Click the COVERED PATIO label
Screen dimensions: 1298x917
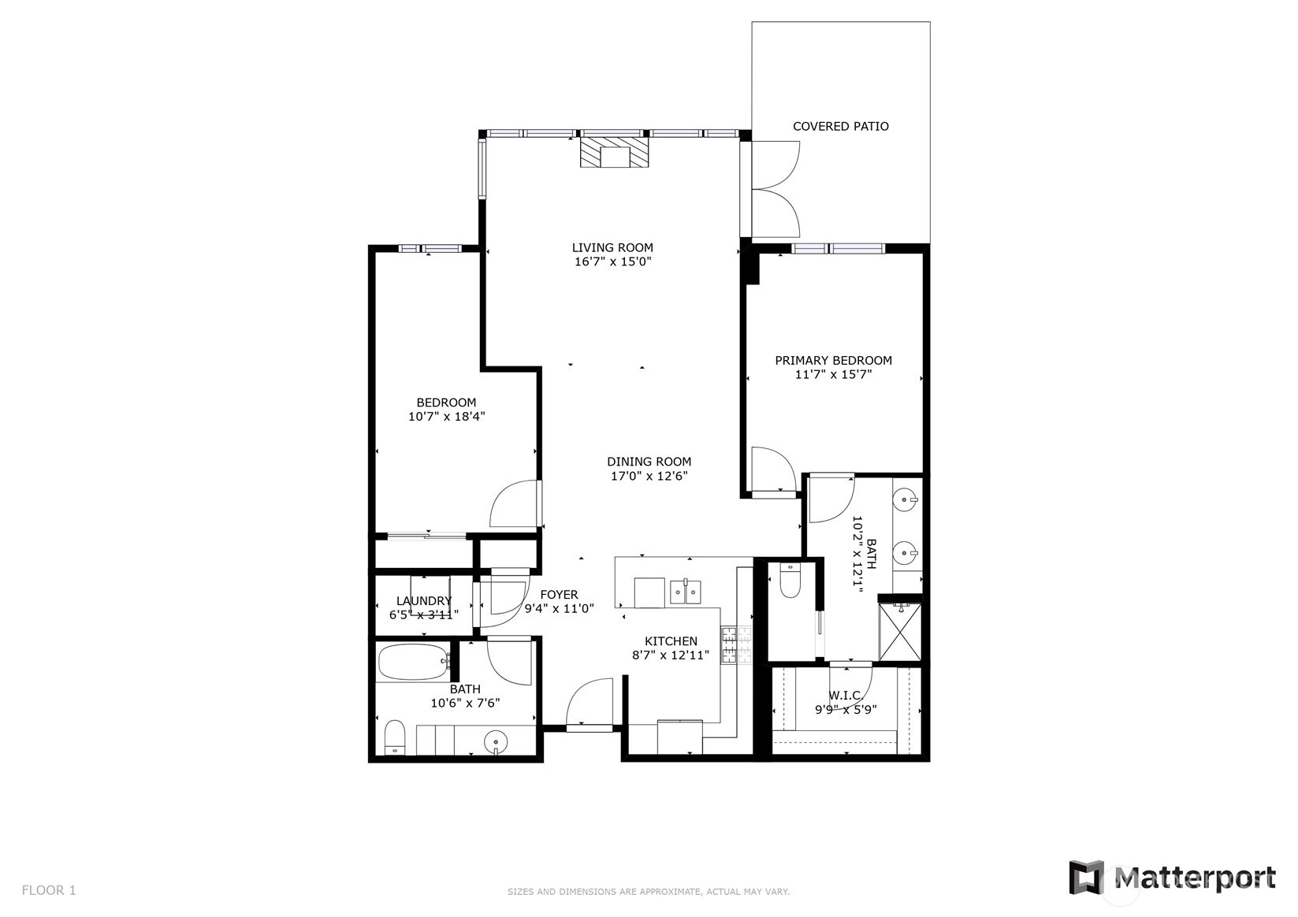click(840, 126)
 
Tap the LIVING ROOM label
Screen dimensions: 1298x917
click(612, 248)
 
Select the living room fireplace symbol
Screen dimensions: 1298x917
click(614, 152)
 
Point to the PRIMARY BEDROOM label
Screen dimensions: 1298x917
click(833, 360)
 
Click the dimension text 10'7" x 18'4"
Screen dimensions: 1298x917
click(446, 417)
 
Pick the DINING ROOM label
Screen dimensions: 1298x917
click(649, 462)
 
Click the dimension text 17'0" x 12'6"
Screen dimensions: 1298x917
click(649, 476)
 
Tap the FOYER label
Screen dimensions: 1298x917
click(560, 595)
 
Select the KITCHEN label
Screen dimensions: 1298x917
click(671, 641)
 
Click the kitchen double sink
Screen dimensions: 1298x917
click(686, 592)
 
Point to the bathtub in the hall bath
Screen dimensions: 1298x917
click(414, 662)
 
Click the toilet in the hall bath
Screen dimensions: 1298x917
click(395, 737)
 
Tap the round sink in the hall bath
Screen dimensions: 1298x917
click(496, 741)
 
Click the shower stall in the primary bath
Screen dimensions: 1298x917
click(900, 631)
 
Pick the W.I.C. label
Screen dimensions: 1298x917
click(846, 695)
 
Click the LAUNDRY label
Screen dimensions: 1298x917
click(423, 601)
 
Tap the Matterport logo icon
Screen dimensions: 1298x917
click(1087, 878)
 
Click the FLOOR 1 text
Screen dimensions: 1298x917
click(49, 890)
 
